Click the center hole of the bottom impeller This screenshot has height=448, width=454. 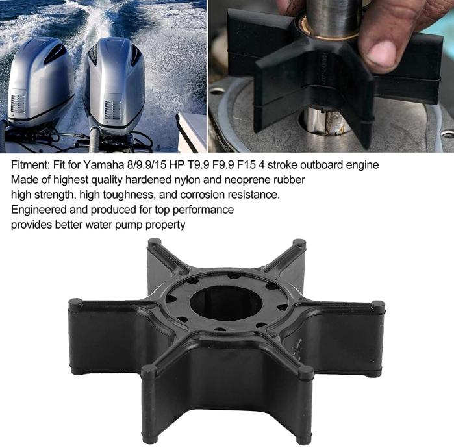(226, 303)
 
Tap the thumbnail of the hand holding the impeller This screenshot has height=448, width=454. (331, 76)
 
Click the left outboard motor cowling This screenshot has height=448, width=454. (40, 81)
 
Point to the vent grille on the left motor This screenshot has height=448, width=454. (18, 104)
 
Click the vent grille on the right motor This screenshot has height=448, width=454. (112, 110)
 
